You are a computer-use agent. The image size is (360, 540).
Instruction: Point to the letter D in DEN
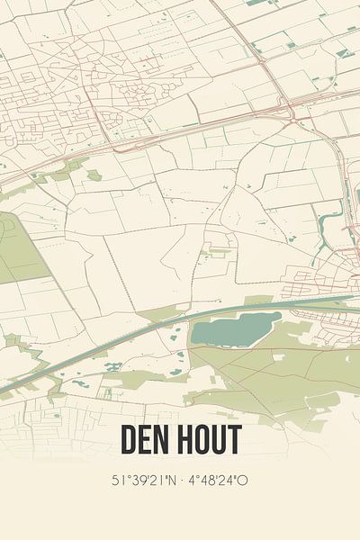point(128,441)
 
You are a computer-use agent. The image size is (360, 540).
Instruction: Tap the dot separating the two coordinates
point(181,480)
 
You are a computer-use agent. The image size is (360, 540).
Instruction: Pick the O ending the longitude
point(243,480)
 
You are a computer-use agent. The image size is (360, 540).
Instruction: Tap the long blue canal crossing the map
point(135,338)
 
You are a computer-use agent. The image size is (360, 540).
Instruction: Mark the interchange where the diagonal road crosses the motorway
point(293,106)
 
